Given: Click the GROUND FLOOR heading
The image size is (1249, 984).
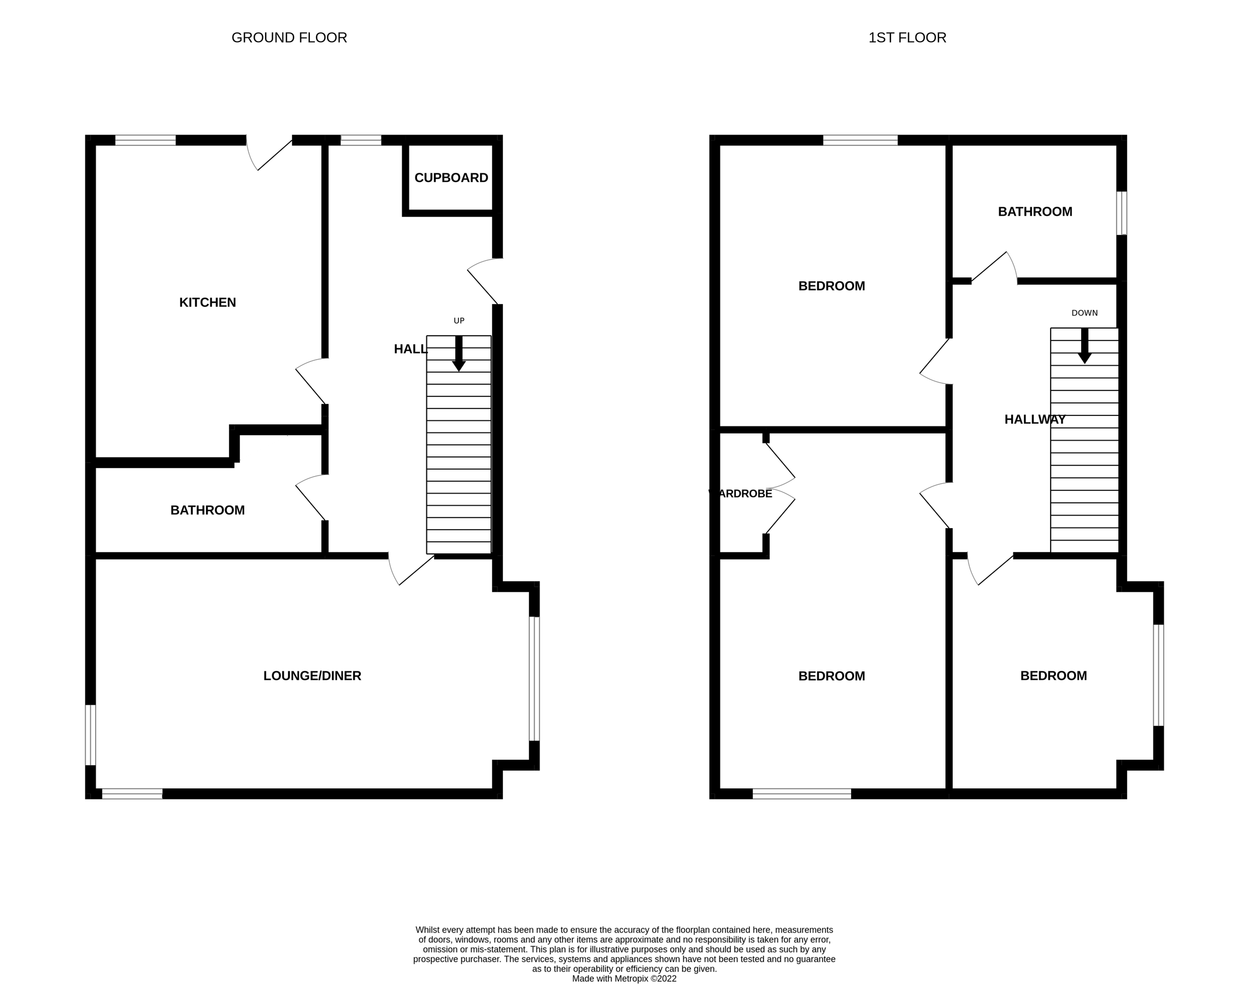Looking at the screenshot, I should coord(289,38).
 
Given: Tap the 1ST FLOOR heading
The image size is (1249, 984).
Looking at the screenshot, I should coord(907,38).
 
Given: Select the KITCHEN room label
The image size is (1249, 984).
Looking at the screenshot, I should coord(207,302).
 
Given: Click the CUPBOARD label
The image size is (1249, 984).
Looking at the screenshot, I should coord(451,178).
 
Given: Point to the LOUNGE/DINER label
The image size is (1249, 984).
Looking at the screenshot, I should coord(312,676).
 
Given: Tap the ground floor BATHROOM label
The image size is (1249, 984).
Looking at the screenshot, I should coord(207,510).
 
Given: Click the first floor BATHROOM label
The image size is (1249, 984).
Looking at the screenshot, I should coord(1035,212).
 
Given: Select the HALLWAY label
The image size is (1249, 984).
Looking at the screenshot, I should coord(1035,419).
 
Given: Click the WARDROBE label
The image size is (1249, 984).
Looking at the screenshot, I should coord(740,494).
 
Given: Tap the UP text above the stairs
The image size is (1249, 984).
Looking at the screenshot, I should coord(459,321).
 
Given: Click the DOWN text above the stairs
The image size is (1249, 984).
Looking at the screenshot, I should coord(1084,313).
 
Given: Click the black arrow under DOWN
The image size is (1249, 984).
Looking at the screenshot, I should coord(1084,346).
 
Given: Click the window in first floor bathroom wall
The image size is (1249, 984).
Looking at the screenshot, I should coord(1121,213).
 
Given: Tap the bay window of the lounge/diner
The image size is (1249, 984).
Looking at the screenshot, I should coord(534,678).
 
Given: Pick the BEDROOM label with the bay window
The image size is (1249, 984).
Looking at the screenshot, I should coord(1053,676).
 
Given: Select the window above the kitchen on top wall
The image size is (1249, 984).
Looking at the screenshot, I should coord(145,140).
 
